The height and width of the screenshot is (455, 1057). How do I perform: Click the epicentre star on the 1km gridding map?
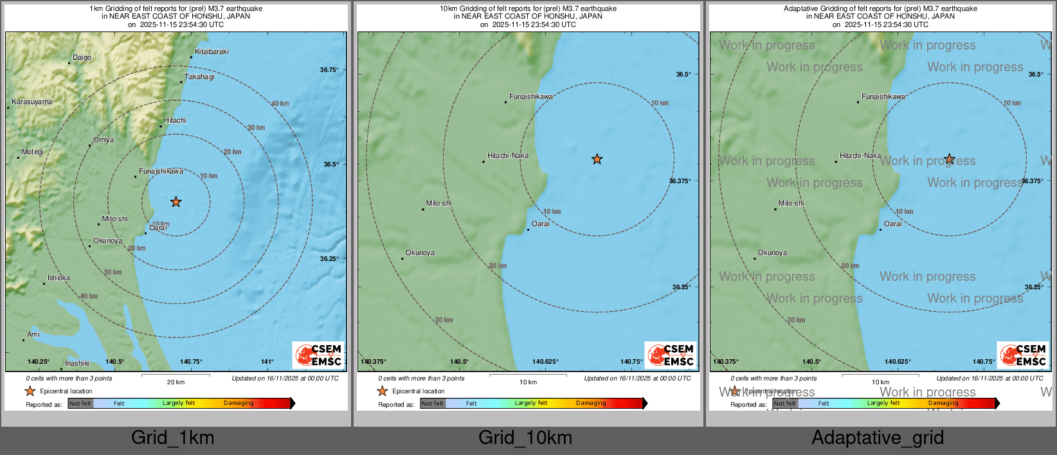pyautogui.click(x=176, y=202)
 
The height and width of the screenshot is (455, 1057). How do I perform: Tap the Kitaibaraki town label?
pyautogui.click(x=212, y=51)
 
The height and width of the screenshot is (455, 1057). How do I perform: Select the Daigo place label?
pyautogui.click(x=82, y=57)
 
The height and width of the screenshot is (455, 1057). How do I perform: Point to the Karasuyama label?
pyautogui.click(x=32, y=102)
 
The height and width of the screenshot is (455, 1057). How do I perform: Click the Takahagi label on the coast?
pyautogui.click(x=199, y=76)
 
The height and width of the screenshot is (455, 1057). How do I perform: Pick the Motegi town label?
pyautogui.click(x=33, y=152)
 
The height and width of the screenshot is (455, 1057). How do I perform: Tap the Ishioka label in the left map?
pyautogui.click(x=59, y=278)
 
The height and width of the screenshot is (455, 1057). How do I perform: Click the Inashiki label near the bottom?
pyautogui.click(x=77, y=363)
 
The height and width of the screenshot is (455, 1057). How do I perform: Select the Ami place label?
pyautogui.click(x=33, y=334)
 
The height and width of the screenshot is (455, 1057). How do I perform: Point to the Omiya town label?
pyautogui.click(x=103, y=139)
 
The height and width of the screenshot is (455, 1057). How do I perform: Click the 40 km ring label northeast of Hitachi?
pyautogui.click(x=280, y=103)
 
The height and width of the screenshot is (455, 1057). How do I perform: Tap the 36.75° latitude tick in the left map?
pyautogui.click(x=329, y=70)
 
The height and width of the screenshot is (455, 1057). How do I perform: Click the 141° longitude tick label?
pyautogui.click(x=267, y=362)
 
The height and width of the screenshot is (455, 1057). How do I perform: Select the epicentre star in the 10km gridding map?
pyautogui.click(x=597, y=159)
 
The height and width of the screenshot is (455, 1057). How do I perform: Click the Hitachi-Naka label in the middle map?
pyautogui.click(x=508, y=156)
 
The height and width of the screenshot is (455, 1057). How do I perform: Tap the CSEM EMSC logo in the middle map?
pyautogui.click(x=670, y=355)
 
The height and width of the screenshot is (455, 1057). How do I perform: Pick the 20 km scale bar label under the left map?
pyautogui.click(x=176, y=382)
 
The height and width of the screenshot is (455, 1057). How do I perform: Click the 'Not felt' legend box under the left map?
pyautogui.click(x=80, y=404)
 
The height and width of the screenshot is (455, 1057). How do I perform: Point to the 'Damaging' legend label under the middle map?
pyautogui.click(x=591, y=403)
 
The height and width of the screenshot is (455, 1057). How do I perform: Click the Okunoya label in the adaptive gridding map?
pyautogui.click(x=772, y=253)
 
